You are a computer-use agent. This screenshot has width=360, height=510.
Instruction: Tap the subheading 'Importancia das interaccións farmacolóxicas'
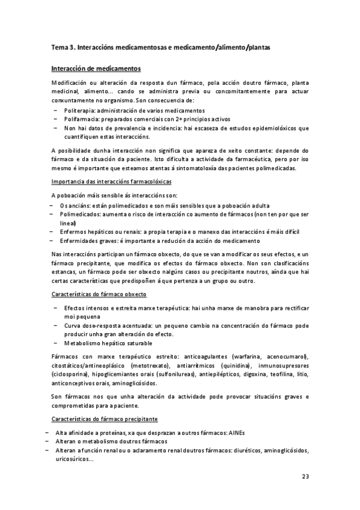pyautogui.click(x=112, y=180)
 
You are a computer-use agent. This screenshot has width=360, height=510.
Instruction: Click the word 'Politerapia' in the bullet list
pyautogui.click(x=79, y=111)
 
